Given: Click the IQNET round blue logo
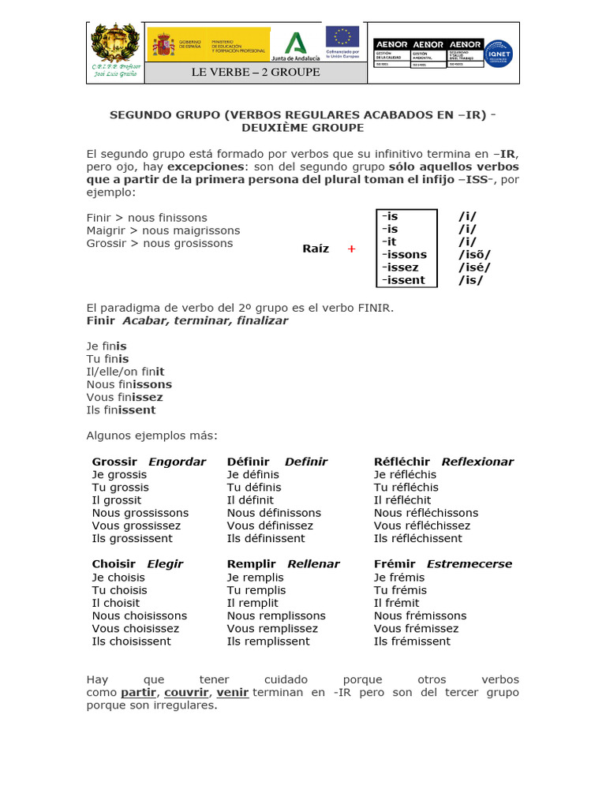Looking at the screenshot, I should (x=498, y=54).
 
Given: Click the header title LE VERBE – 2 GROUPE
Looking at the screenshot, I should (x=256, y=73).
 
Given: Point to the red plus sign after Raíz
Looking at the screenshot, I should (x=351, y=249).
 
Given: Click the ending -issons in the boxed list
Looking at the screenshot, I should (x=404, y=254).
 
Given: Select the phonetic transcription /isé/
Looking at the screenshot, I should (x=473, y=267).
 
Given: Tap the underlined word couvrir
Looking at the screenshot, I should (x=186, y=692).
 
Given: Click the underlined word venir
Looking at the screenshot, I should (x=233, y=692).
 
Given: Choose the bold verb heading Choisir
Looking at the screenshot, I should (x=114, y=563).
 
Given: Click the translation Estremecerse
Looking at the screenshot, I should (x=469, y=563).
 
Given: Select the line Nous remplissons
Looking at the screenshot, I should (x=276, y=615).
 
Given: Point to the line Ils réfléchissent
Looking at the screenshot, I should (x=419, y=538).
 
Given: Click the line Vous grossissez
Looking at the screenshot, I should (x=137, y=526).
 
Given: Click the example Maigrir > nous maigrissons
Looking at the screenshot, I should (x=163, y=230).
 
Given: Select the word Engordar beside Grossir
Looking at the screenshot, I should (x=177, y=462).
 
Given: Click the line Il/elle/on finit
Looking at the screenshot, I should (x=125, y=372).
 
